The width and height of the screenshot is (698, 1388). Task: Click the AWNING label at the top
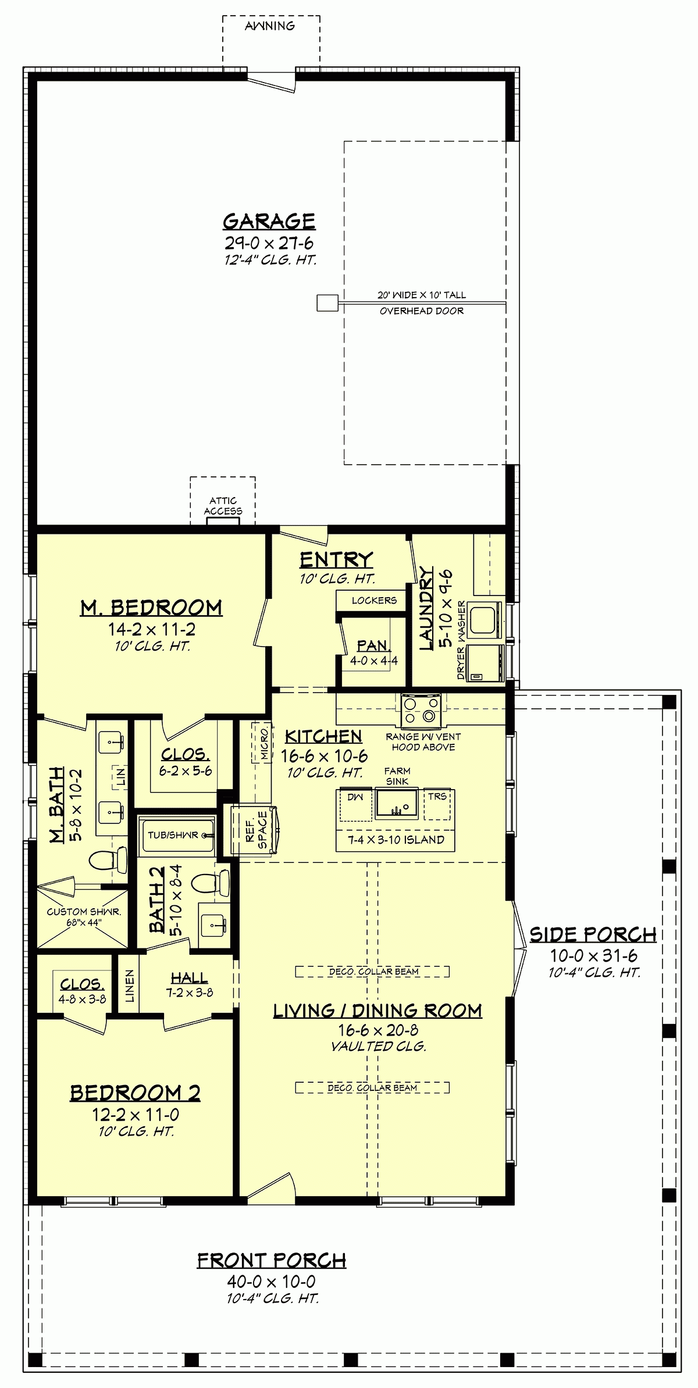click(x=270, y=26)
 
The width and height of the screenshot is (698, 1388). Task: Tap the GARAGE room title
click(x=269, y=221)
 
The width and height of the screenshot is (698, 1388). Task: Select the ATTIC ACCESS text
click(x=223, y=506)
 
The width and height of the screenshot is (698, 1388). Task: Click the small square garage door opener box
click(x=327, y=303)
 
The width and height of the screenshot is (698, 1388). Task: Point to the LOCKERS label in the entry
click(x=374, y=600)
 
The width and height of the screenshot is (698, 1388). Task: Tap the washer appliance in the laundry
click(x=486, y=620)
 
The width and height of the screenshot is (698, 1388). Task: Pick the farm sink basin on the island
click(x=397, y=804)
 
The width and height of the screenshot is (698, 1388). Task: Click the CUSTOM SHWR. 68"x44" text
click(x=84, y=918)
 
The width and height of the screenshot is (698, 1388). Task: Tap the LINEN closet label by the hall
click(x=129, y=985)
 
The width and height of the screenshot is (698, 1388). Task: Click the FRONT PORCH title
click(x=272, y=1260)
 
